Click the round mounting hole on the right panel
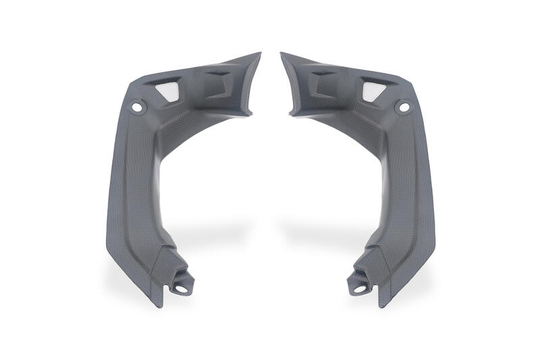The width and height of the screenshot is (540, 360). [x=404, y=106]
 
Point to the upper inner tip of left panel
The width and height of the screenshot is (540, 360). [x=259, y=53]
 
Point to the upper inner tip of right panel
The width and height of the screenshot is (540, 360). [x=281, y=53]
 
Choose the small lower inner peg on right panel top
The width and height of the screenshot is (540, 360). [x=292, y=113]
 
